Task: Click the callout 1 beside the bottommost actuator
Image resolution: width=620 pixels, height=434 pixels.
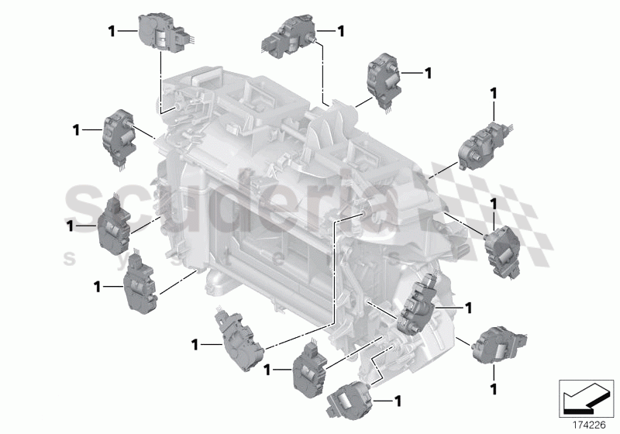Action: [x=398, y=401]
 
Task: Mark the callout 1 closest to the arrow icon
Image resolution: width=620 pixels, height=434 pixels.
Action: [x=494, y=386]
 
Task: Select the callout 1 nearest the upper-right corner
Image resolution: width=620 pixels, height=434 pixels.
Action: [x=494, y=93]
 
